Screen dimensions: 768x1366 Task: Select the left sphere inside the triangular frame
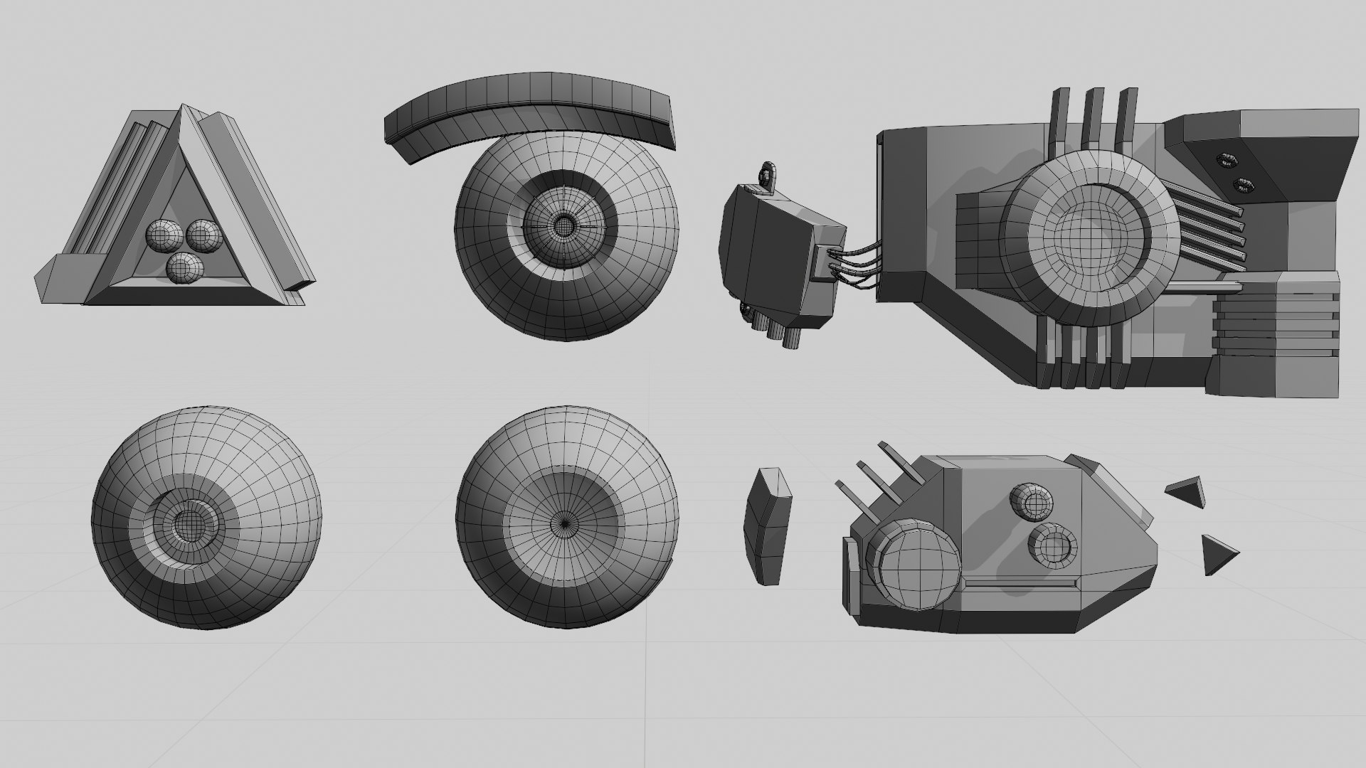point(164,233)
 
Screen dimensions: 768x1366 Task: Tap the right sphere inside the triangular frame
point(203,234)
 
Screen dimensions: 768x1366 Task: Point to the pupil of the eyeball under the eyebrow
point(563,225)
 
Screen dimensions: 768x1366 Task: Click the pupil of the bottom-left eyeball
point(189,525)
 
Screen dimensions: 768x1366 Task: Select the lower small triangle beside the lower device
point(1217,554)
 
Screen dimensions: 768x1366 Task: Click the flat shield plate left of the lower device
point(767,526)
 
